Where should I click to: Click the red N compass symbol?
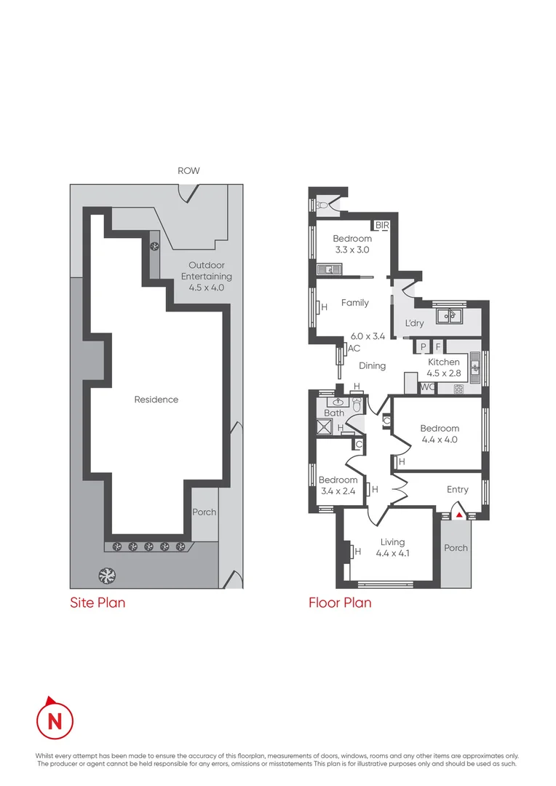[x=55, y=720]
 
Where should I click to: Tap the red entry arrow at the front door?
[x=459, y=516]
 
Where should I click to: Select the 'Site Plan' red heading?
[x=98, y=603]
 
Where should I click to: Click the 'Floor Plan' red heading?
[x=340, y=603]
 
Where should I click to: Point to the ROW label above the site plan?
[x=188, y=171]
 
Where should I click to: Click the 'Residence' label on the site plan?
[x=156, y=400]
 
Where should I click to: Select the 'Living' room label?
[x=392, y=542]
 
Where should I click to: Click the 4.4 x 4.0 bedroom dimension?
[x=440, y=440]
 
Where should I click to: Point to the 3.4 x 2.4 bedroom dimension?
[x=338, y=491]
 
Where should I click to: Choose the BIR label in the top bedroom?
[x=382, y=226]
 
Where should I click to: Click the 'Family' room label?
[x=355, y=303]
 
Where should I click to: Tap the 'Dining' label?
[x=372, y=366]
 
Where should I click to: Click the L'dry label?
[x=414, y=323]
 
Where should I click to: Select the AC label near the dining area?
[x=354, y=349]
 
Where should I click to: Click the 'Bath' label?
[x=334, y=413]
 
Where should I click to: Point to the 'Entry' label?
[x=458, y=490]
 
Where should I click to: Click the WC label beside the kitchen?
[x=427, y=387]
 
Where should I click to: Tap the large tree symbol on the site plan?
[x=106, y=575]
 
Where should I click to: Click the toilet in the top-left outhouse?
[x=321, y=205]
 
